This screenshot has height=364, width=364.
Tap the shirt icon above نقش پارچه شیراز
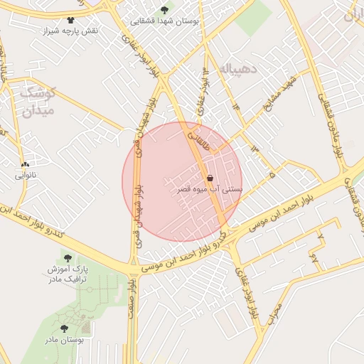coord(70,20)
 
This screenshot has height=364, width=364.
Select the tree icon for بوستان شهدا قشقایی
coord(165,10)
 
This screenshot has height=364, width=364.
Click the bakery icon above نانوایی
coord(26,164)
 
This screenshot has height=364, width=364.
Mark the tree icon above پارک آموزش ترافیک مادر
coord(68,258)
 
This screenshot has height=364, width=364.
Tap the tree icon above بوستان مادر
coord(64,328)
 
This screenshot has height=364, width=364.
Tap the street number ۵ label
coord(272,173)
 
